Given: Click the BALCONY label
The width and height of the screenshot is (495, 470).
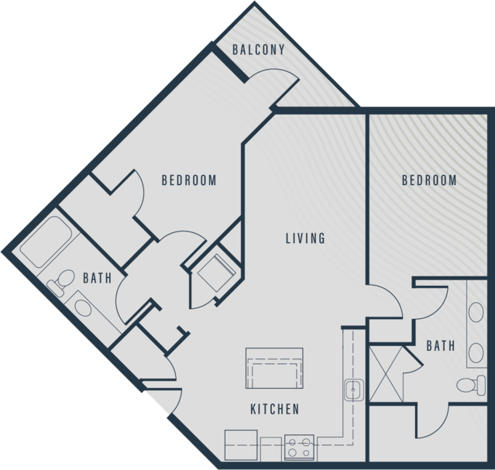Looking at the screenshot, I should coord(259,50).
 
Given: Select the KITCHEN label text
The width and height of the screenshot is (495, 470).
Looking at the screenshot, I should coord(274,409).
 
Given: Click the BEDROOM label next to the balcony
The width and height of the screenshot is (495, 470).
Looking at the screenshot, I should coord(188,180).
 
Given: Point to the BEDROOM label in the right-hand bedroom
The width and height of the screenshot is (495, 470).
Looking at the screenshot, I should coord(428,180).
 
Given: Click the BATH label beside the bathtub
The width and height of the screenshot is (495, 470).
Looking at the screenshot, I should coord(97,276).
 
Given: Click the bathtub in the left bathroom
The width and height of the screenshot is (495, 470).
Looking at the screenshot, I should coord(46,242).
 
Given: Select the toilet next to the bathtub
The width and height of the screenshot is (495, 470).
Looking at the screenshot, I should coord(60,282).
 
